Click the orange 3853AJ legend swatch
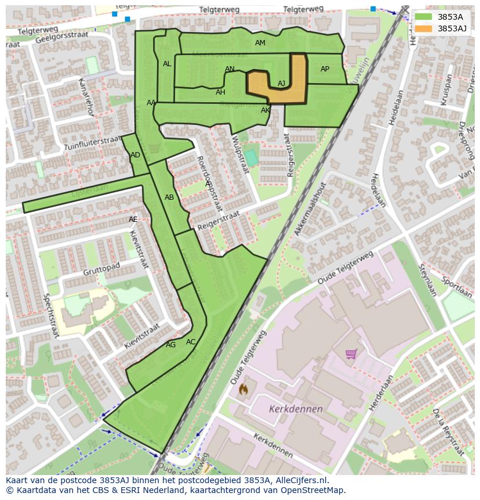424,28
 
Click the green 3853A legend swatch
424,17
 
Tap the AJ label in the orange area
281,84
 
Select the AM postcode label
260,43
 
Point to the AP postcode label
325,69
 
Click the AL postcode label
167,64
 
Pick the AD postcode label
135,155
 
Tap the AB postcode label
169,197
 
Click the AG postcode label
170,345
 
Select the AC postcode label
191,342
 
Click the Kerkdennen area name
296,409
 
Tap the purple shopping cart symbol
351,354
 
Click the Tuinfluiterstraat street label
92,142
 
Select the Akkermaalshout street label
310,208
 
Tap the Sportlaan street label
456,286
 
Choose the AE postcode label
133,220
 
